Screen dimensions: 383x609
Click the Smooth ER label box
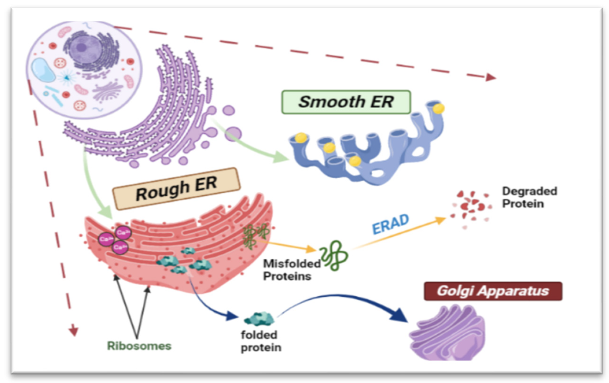click(346, 102)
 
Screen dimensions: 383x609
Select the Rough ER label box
click(176, 189)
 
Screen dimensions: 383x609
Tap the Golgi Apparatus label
click(493, 291)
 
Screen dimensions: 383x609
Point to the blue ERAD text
click(390, 224)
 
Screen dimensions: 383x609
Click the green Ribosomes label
click(139, 346)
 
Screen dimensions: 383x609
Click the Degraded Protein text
click(529, 197)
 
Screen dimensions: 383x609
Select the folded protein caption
click(261, 341)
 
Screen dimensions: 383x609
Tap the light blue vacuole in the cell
click(43, 70)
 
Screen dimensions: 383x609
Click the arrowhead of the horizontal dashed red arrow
click(491, 77)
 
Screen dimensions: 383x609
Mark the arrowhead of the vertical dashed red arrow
click(73, 331)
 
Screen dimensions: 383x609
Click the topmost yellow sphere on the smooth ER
click(438, 109)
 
